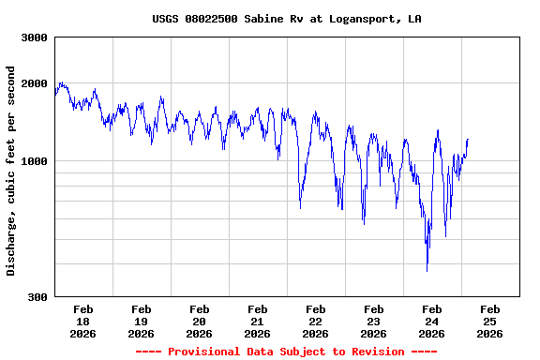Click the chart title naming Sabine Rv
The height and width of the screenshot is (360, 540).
tap(286, 19)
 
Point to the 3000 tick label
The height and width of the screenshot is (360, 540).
tap(36, 37)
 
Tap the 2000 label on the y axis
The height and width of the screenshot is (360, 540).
tap(36, 83)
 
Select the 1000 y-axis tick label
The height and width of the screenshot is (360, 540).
tap(36, 161)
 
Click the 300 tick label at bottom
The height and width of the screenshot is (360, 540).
tap(38, 297)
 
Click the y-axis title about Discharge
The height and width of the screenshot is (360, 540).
tap(11, 171)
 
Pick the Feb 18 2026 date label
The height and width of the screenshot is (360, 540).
tap(82, 321)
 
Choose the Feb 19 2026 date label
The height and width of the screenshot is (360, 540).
tap(141, 321)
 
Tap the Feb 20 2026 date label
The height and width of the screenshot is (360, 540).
tap(199, 321)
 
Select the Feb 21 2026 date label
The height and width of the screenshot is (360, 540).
tap(257, 321)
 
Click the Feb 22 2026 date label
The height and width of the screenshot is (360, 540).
tap(315, 321)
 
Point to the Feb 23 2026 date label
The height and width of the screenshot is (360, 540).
tap(373, 321)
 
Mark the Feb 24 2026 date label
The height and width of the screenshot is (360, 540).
tap(431, 321)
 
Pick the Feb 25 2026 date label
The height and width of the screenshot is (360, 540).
tap(489, 321)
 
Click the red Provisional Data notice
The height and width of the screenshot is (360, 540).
tap(286, 352)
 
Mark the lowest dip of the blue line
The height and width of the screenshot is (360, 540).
tap(427, 270)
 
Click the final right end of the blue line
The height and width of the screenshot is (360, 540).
tap(468, 140)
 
